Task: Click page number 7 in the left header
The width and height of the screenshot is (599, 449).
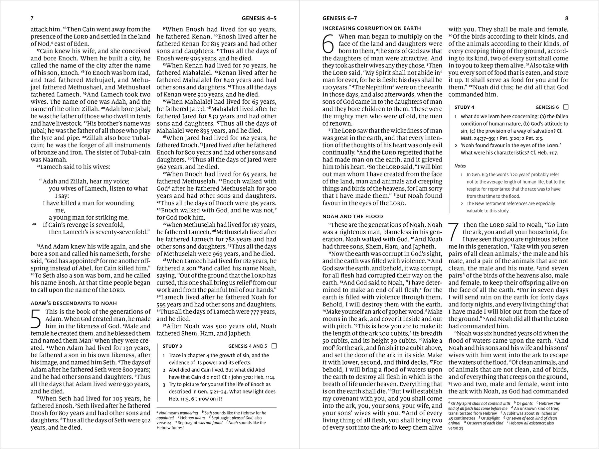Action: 32,18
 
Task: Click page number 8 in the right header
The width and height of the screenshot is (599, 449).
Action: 567,18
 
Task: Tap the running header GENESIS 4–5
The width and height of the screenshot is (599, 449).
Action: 259,18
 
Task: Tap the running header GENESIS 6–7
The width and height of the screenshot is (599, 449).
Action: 340,18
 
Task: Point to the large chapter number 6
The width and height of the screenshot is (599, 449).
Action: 328,44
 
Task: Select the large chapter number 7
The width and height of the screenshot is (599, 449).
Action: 454,232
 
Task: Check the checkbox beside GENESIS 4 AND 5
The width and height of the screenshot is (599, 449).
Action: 274,346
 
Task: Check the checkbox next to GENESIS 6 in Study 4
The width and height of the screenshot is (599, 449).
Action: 566,107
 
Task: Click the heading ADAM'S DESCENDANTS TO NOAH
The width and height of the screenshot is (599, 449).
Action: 74,303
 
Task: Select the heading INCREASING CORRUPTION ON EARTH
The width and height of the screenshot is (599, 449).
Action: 372,28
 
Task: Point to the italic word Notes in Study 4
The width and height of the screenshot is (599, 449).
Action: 460,166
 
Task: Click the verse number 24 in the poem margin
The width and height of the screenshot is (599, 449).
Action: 34,224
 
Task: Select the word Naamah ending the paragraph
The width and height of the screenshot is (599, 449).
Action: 41,160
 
